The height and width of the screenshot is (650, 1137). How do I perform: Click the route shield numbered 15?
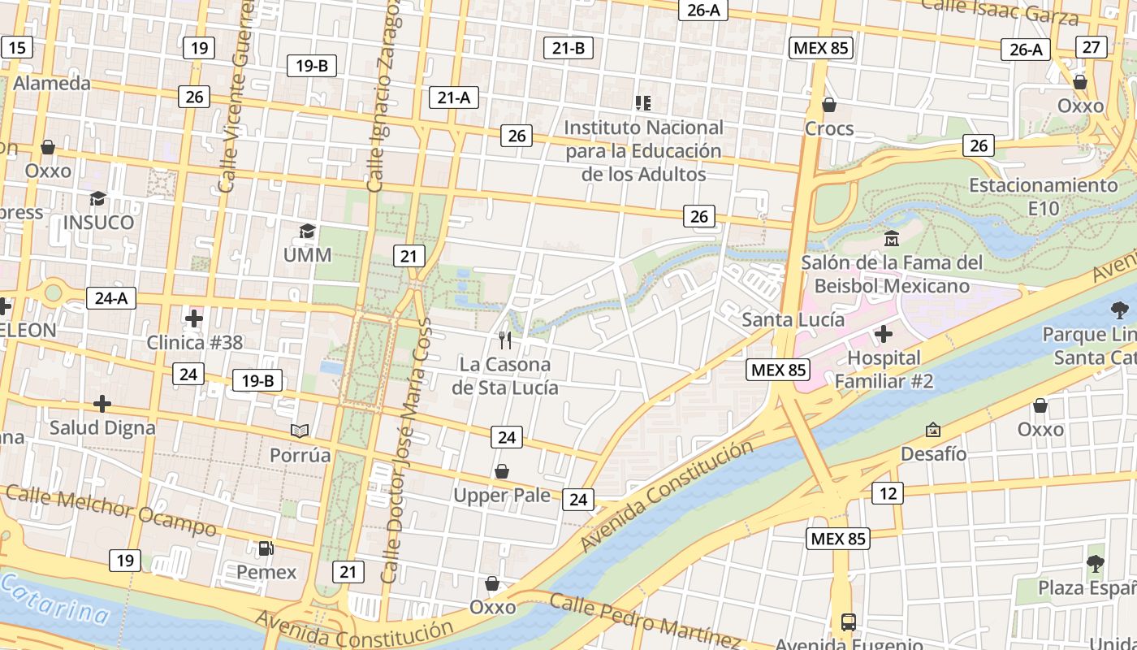coord(16,47)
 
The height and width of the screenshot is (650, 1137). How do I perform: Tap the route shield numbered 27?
coord(1091,47)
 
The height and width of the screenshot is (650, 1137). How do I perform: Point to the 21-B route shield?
coord(568,48)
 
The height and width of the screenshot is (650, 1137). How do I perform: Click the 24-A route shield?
coord(111,298)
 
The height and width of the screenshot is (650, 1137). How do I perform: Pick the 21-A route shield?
coord(454,97)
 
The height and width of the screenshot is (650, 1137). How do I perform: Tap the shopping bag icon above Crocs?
coord(829,105)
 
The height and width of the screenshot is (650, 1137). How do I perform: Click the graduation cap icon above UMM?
coord(307,232)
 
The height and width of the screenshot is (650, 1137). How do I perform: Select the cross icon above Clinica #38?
coord(194,318)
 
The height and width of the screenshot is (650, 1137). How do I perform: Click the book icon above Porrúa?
coord(300,431)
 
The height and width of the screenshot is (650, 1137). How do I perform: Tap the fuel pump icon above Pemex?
coord(266,548)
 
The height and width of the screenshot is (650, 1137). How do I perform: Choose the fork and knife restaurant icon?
coord(505,340)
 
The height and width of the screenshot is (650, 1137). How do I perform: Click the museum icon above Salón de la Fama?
coord(892,238)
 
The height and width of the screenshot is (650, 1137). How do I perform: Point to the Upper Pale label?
coord(502,496)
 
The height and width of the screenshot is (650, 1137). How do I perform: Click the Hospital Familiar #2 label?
coord(884,370)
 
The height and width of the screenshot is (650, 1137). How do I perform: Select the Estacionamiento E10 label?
coord(1044,197)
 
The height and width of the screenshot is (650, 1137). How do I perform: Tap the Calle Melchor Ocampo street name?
coord(112,510)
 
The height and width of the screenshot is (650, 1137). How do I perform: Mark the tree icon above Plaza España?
coord(1095,563)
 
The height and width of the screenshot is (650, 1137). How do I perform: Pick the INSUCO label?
coord(98,223)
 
